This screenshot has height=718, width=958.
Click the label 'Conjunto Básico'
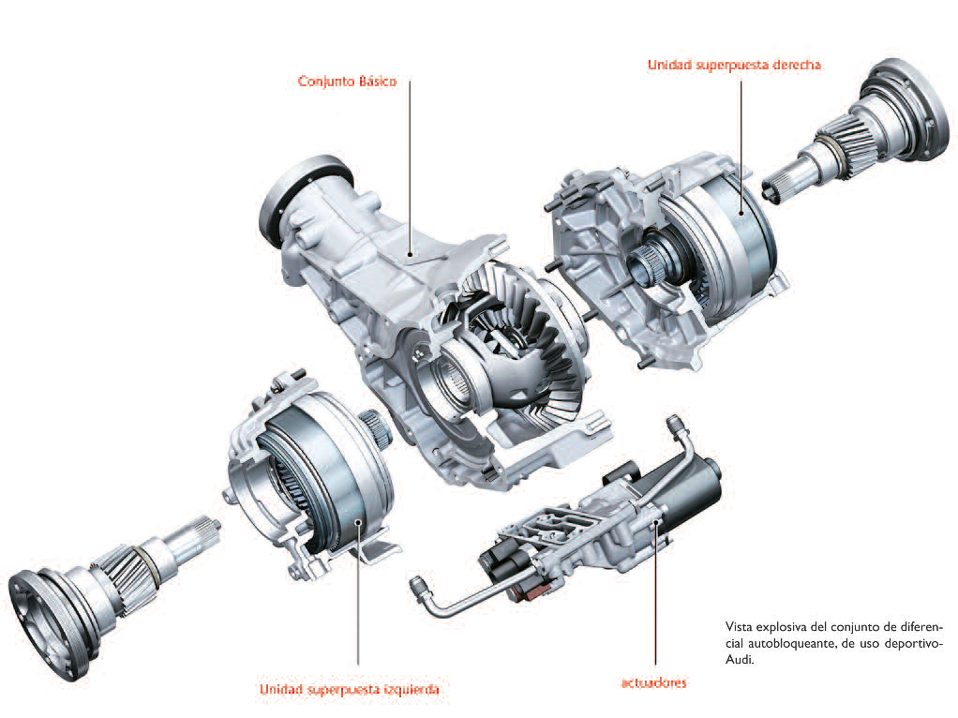(x=347, y=82)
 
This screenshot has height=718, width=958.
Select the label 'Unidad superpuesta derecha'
(x=734, y=66)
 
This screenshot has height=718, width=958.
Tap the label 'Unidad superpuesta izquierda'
(x=349, y=690)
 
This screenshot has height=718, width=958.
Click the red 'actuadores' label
(x=653, y=682)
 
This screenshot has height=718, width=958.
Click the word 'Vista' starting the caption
(x=741, y=625)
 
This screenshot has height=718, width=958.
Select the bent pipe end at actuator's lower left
(x=418, y=587)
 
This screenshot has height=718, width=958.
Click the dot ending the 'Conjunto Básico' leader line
(x=410, y=254)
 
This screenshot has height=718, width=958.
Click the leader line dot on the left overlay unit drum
(x=358, y=522)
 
